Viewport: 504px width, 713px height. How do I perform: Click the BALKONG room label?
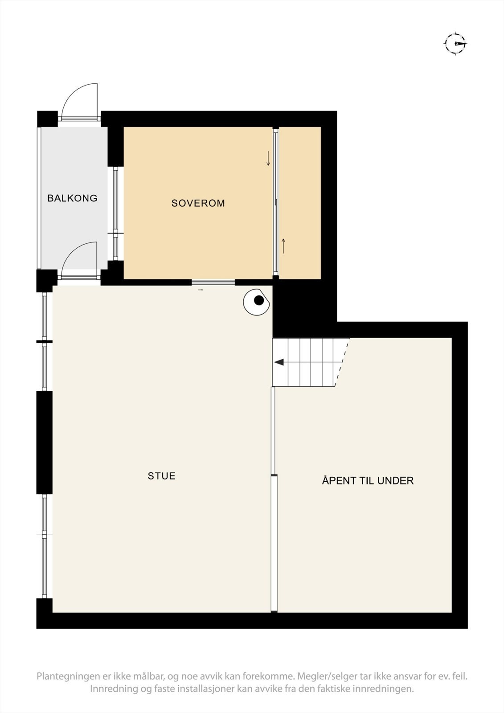72,198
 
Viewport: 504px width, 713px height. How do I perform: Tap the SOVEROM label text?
198,203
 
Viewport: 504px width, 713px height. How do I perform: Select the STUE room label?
161,476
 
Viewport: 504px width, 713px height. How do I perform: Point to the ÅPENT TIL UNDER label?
368,481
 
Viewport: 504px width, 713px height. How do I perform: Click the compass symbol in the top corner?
455,44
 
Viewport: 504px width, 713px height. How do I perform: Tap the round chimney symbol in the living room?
258,301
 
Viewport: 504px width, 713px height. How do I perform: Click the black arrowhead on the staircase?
279,362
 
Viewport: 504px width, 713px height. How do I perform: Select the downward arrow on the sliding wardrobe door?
268,159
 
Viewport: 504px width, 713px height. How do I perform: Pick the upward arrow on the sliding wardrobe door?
283,246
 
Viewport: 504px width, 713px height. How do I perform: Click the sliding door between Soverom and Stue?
213,282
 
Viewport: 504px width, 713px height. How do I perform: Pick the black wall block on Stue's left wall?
44,443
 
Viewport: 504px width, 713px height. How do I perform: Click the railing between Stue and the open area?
274,499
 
